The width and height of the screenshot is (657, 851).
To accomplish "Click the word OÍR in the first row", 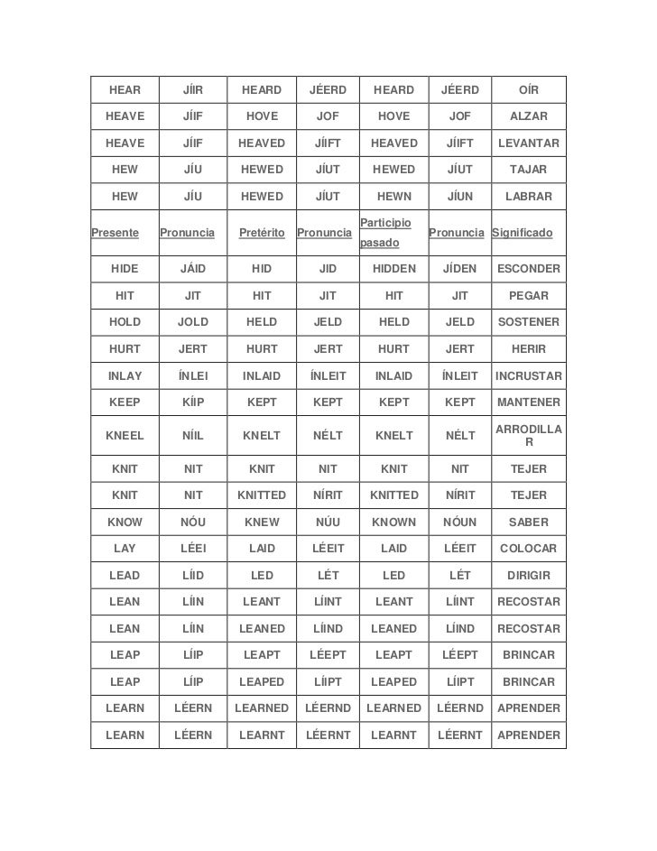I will [x=529, y=90].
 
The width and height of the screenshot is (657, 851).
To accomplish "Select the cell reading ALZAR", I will [x=529, y=116].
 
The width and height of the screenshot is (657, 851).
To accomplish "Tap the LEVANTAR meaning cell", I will [x=529, y=143].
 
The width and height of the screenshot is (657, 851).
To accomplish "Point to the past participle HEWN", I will [x=393, y=197].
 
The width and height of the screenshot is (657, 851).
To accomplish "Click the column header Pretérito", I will [x=262, y=233].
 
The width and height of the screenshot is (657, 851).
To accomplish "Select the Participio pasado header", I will [x=385, y=233].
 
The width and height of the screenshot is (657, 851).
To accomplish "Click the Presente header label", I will [x=116, y=233].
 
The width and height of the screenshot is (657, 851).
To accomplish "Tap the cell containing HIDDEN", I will [x=393, y=269].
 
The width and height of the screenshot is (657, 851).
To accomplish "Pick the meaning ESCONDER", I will [x=529, y=269].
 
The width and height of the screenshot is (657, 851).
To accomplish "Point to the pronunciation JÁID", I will [x=193, y=269].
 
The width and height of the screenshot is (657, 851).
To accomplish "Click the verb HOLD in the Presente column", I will [x=125, y=322].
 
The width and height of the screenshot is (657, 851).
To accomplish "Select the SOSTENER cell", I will [x=529, y=322].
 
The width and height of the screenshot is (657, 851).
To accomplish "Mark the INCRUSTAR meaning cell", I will [x=529, y=375].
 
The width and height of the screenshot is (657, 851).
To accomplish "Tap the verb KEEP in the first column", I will [x=125, y=402].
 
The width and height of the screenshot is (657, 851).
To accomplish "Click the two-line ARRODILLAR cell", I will [x=529, y=436].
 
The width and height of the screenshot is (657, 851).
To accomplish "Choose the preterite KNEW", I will [x=262, y=523].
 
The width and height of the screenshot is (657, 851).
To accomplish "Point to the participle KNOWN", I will [x=393, y=523].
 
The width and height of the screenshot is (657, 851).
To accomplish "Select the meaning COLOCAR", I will [x=529, y=549].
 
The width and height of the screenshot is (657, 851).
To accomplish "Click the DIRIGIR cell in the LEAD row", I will [x=529, y=576].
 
